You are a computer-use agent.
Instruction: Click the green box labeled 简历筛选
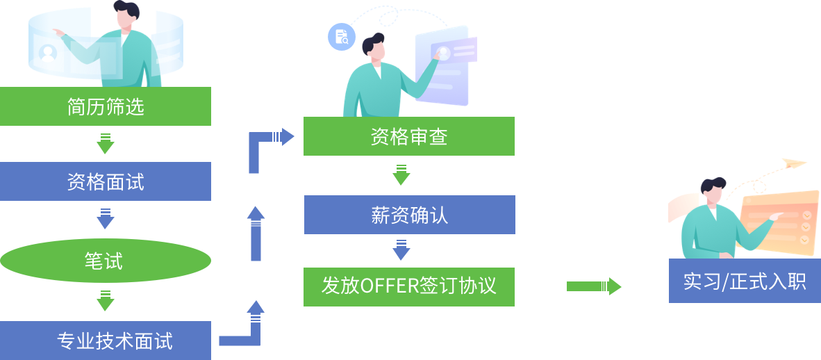(x=106, y=106)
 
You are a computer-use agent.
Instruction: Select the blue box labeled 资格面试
(x=106, y=181)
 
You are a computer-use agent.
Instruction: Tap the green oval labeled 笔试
(x=106, y=261)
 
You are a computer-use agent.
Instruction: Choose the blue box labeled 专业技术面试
(x=106, y=341)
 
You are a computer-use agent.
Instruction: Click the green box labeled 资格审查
(x=409, y=136)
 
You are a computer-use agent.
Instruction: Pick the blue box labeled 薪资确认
(x=409, y=215)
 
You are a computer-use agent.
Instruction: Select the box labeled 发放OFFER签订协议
(x=409, y=286)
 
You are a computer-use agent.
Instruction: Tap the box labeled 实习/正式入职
(x=745, y=281)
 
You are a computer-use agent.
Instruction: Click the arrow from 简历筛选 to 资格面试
(x=106, y=144)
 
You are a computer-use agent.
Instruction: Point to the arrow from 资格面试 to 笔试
(x=106, y=219)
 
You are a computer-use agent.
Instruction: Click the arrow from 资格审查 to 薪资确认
(x=401, y=175)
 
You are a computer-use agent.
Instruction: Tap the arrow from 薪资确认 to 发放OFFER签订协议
(x=401, y=250)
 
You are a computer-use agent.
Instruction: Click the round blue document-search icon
(x=342, y=37)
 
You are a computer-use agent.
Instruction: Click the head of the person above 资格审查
(x=374, y=47)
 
